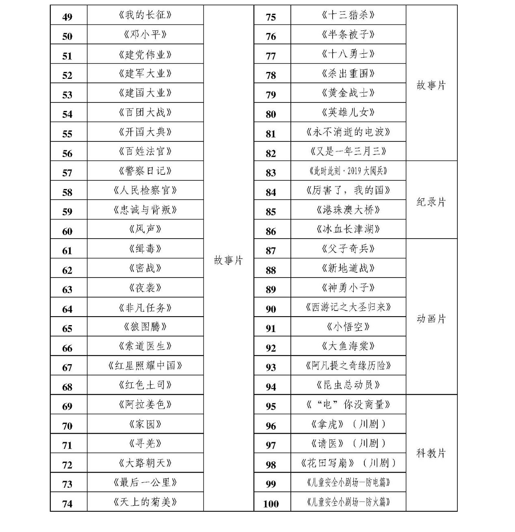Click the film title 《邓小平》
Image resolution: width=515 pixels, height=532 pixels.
pyautogui.click(x=145, y=35)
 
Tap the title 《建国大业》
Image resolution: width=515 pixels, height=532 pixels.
pyautogui.click(x=145, y=93)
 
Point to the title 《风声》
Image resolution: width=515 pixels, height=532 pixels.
pyautogui.click(x=145, y=229)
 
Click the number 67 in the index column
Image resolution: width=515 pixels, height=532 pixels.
pyautogui.click(x=67, y=367)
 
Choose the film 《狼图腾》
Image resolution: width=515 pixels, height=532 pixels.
pyautogui.click(x=145, y=327)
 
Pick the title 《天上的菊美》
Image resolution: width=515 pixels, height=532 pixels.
pyautogui.click(x=145, y=502)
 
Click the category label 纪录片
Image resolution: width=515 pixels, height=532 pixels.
pyautogui.click(x=431, y=202)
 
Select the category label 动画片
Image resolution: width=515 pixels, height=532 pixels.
pyautogui.click(x=431, y=319)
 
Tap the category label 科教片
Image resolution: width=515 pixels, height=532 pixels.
pyautogui.click(x=431, y=453)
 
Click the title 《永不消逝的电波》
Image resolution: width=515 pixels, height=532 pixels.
pyautogui.click(x=348, y=132)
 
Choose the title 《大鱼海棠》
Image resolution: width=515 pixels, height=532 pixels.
pyautogui.click(x=348, y=346)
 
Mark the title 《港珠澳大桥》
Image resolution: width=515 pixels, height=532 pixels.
pyautogui.click(x=348, y=210)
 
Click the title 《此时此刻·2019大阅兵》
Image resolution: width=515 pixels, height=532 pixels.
pyautogui.click(x=348, y=171)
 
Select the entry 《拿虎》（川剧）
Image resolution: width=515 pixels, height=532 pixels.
pyautogui.click(x=348, y=424)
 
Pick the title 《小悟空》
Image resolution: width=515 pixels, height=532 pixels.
pyautogui.click(x=348, y=327)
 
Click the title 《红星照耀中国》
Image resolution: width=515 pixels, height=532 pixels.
pyautogui.click(x=145, y=366)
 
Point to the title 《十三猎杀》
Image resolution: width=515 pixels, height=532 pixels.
pyautogui.click(x=348, y=15)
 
